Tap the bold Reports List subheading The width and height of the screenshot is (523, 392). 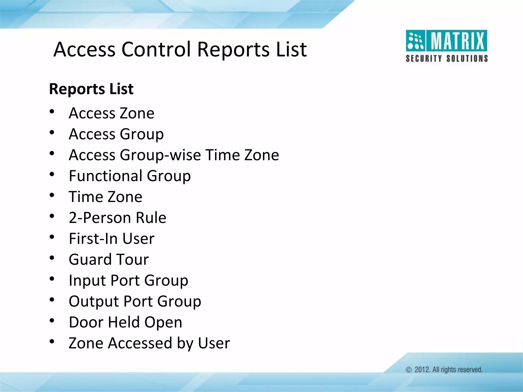coord(91,89)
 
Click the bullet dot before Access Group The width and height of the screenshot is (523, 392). coord(52,132)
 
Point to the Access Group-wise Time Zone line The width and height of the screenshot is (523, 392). coord(174,155)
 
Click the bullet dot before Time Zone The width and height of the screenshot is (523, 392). coord(52,195)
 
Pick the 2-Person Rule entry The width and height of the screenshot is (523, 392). coord(117,218)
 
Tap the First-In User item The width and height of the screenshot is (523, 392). coord(111,239)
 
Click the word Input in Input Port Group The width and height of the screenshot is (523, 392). coord(87,280)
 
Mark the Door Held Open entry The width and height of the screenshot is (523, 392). coord(125,322)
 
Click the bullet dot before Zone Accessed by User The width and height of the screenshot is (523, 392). coord(52,341)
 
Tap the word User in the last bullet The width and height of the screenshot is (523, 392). coord(214,343)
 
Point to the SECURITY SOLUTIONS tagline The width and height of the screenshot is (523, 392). coord(447,58)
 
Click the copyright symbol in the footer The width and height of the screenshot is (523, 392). coord(409,370)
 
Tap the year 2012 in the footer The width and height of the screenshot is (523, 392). coord(422,370)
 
